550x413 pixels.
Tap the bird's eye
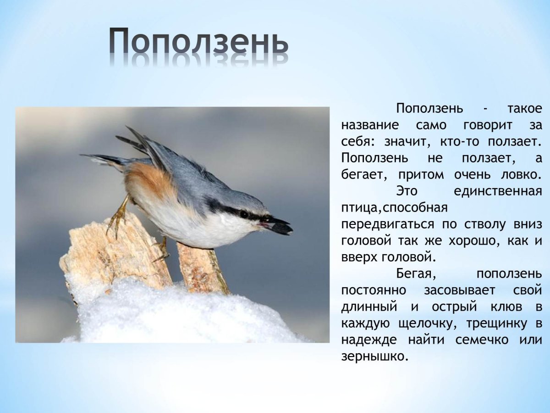(x=244, y=214)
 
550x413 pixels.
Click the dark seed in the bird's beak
(x=280, y=227)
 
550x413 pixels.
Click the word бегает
(x=364, y=175)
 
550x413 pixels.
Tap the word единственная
(x=497, y=191)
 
